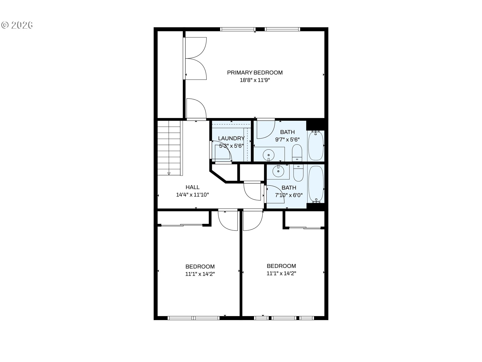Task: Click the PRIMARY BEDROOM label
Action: [255, 73]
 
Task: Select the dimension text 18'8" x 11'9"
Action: [255, 80]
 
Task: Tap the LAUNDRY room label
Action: [231, 138]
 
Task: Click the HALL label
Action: [193, 187]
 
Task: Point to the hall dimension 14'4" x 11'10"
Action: [193, 195]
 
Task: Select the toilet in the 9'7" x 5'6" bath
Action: [297, 153]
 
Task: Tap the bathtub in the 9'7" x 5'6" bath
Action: [316, 146]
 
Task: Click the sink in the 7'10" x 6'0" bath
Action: [278, 172]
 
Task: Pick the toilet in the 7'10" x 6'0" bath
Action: [298, 173]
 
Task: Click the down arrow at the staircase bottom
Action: [169, 173]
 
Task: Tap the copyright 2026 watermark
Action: [17, 25]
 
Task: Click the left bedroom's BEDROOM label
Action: [200, 266]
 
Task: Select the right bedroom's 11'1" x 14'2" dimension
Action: [281, 273]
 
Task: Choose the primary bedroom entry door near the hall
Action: [196, 108]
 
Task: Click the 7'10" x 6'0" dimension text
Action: [289, 195]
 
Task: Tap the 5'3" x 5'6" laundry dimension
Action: [231, 146]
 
